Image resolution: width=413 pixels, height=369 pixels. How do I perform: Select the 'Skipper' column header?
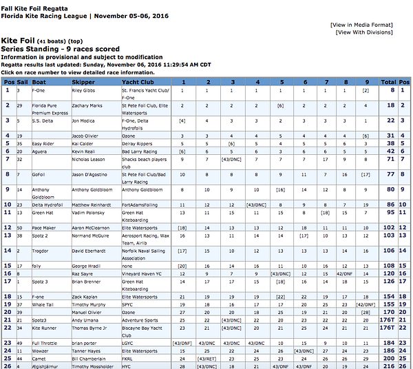83,81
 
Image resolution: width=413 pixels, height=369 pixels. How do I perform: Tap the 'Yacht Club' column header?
138,81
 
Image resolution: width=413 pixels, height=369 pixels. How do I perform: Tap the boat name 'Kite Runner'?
46,328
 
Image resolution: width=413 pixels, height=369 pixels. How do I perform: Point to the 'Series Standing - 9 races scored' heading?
60,50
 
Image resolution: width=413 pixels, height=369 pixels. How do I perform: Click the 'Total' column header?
388,81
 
